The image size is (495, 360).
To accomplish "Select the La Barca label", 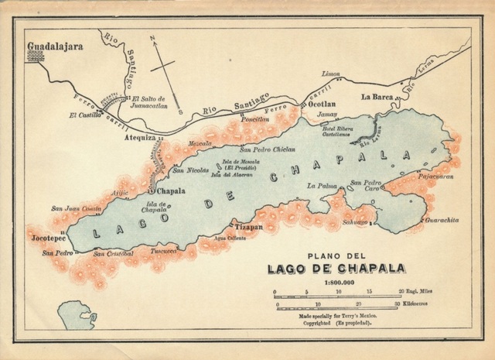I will point(378,97).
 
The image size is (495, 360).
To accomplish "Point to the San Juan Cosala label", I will point(76,207).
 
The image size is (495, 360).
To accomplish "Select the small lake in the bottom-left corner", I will point(77,315).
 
